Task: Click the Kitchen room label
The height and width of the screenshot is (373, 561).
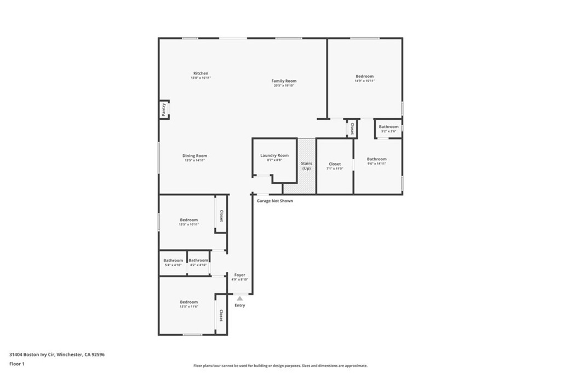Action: point(201,73)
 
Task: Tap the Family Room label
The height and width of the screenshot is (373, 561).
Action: point(284,81)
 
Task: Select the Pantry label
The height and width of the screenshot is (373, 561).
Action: point(164,110)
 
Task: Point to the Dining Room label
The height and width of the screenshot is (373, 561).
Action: point(194,156)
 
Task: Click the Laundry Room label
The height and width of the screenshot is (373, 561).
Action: point(274,155)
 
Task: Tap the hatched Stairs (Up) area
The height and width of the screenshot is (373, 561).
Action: point(306,166)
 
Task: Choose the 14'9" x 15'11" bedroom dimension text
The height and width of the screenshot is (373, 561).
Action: point(364,81)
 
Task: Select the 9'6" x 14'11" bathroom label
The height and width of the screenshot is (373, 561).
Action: point(376,159)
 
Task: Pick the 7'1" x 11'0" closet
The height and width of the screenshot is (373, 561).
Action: point(334,166)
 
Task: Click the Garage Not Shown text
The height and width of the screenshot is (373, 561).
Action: point(274,201)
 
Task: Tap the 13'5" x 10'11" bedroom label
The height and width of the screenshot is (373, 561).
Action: point(188,220)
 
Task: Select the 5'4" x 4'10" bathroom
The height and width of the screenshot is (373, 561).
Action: point(173,263)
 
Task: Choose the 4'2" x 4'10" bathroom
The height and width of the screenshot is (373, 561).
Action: point(198,263)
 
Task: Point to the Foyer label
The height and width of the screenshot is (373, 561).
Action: point(239,275)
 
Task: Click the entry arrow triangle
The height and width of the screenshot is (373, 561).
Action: point(239,298)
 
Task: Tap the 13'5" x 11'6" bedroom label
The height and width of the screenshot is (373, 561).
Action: point(188,302)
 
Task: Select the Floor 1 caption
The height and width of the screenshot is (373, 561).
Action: point(18,364)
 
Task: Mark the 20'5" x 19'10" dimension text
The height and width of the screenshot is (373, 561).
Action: point(284,86)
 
